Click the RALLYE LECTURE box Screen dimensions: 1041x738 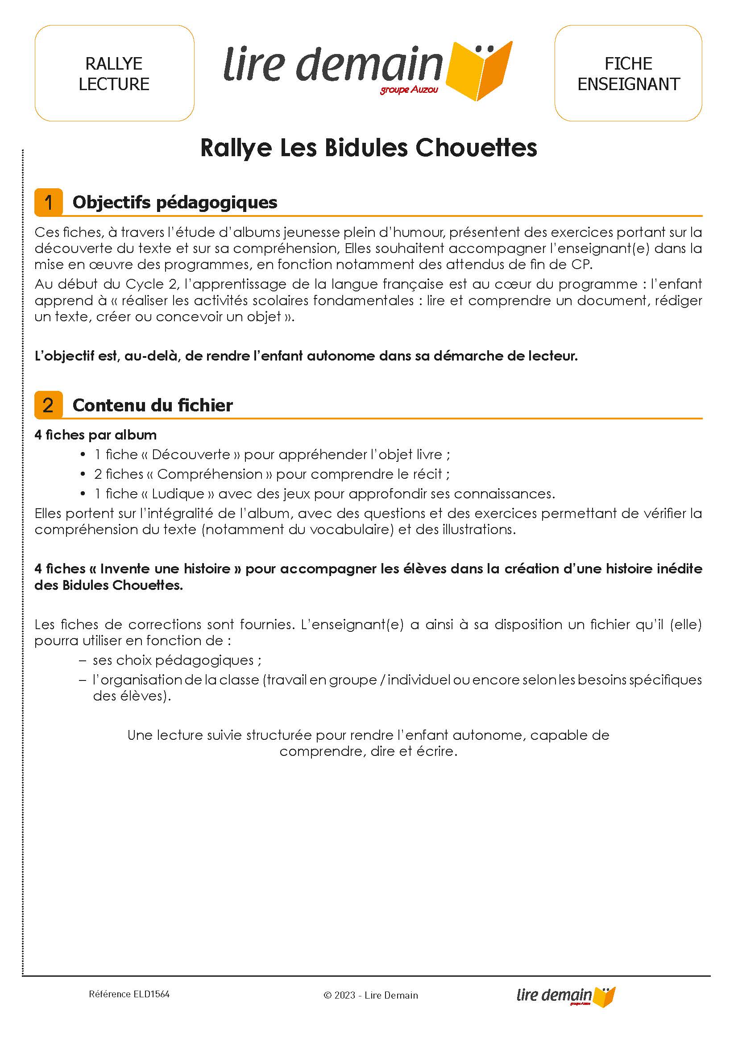click(x=114, y=73)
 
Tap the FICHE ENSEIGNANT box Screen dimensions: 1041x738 click(x=628, y=73)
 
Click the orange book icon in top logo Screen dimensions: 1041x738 click(x=479, y=71)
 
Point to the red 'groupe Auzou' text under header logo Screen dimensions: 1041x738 click(x=409, y=90)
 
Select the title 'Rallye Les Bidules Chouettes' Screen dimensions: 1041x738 click(x=369, y=148)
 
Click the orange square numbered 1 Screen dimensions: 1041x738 click(x=48, y=202)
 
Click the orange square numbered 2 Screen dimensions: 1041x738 click(x=48, y=405)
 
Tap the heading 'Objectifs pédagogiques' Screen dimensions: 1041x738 click(x=174, y=202)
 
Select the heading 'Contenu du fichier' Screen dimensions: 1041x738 click(x=152, y=405)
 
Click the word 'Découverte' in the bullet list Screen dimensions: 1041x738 click(x=191, y=454)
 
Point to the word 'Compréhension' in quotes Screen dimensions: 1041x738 click(x=210, y=474)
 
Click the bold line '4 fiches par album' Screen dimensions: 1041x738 click(x=95, y=435)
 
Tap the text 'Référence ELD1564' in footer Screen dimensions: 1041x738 click(x=129, y=994)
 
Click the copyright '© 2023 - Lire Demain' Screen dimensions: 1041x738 click(x=370, y=995)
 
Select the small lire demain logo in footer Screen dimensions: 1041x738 click(x=565, y=995)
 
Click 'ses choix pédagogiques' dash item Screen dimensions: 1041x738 click(x=173, y=660)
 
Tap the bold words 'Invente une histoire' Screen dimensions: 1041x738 click(x=166, y=568)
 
